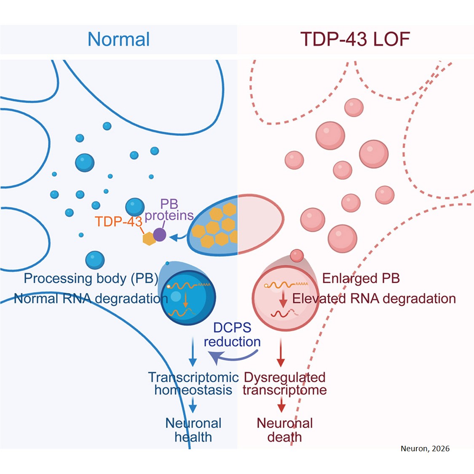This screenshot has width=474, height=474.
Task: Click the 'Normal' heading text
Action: [x=118, y=40]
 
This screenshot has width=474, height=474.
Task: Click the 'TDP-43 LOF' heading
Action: [x=355, y=40]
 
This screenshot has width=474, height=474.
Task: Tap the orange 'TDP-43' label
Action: [x=118, y=222]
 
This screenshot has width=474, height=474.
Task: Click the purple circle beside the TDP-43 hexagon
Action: [x=160, y=234]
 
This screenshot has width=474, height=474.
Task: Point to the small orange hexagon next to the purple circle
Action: [x=149, y=239]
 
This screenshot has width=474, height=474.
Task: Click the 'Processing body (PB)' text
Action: [x=91, y=279]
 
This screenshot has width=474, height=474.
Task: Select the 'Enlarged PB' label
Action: [x=361, y=279]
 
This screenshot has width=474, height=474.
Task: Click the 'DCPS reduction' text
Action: [x=232, y=335]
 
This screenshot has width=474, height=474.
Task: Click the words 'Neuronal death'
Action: [x=285, y=430]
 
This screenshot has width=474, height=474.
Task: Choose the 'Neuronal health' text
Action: [x=193, y=430]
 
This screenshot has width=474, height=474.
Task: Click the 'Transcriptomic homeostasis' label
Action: [x=193, y=383]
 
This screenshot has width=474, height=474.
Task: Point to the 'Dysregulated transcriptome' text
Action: [x=285, y=383]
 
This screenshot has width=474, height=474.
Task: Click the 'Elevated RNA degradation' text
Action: [x=374, y=299]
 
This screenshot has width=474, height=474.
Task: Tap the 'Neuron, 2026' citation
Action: [x=425, y=449]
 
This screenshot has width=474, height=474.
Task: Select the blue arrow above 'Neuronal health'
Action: [x=193, y=407]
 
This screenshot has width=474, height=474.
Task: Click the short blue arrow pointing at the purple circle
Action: [x=177, y=238]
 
